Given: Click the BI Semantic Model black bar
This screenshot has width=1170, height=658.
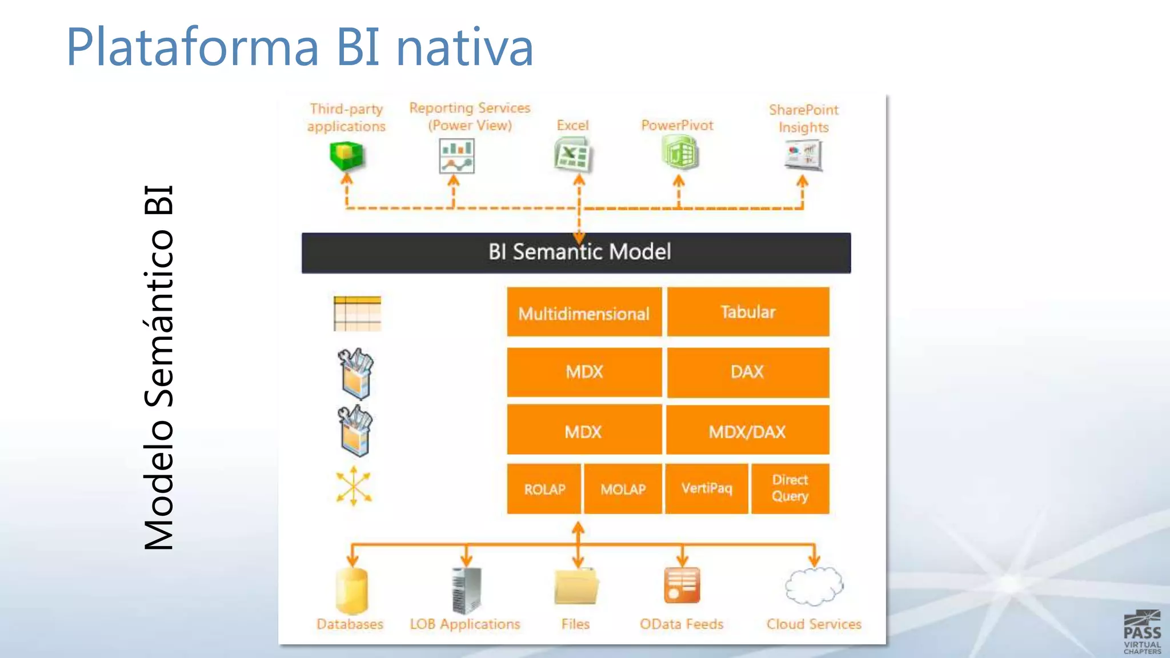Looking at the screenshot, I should click(576, 252).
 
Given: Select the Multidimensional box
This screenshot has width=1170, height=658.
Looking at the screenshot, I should click(584, 312).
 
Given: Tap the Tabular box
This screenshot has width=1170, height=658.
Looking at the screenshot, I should click(748, 312).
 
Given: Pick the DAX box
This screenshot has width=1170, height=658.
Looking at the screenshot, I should click(748, 372).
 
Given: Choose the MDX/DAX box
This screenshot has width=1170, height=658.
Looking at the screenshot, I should click(747, 431).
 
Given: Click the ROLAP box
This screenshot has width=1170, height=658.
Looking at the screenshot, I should click(544, 489).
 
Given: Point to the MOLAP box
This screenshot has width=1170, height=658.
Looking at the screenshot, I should click(623, 489).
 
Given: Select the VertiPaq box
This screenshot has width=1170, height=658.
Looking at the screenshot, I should click(707, 488).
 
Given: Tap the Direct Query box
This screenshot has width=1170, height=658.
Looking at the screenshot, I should click(790, 488).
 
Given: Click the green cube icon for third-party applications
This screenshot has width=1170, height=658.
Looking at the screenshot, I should click(346, 156).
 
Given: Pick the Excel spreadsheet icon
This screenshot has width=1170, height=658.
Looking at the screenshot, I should click(572, 156).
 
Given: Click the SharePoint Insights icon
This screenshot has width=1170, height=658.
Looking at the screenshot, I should click(803, 155).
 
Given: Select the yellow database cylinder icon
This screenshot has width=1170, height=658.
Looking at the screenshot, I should click(351, 591).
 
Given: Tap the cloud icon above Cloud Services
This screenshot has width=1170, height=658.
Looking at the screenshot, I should click(814, 586).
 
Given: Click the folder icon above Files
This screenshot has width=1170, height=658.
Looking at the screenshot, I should click(576, 587).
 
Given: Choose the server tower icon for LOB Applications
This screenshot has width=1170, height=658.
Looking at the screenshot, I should click(466, 590).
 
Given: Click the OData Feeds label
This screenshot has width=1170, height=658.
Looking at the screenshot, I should click(682, 624).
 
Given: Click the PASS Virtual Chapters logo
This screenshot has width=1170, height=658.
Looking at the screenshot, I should click(1142, 632).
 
